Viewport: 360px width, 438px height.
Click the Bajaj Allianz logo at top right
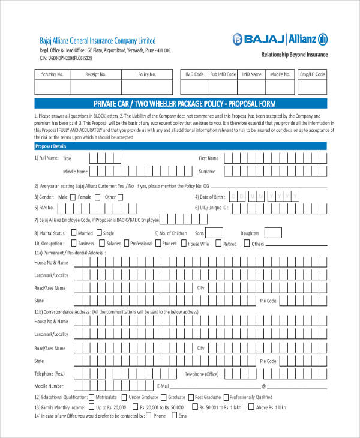pyautogui.click(x=279, y=40)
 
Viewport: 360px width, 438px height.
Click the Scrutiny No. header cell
pyautogui.click(x=52, y=74)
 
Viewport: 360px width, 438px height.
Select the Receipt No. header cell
pyautogui.click(x=95, y=74)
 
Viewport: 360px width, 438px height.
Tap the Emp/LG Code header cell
pyautogui.click(x=312, y=74)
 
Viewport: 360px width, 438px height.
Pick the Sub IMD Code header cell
pyautogui.click(x=223, y=74)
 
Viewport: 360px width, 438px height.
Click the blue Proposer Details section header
pyautogui.click(x=180, y=146)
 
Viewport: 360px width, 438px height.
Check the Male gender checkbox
pyautogui.click(x=73, y=197)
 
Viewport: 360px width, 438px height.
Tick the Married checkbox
pyautogui.click(x=74, y=232)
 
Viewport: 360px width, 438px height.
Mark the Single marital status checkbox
pyautogui.click(x=99, y=232)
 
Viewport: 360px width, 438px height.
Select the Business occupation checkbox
pyautogui.click(x=73, y=244)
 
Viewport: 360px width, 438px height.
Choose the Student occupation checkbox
pyautogui.click(x=158, y=244)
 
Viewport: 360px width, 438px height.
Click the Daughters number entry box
pyautogui.click(x=272, y=233)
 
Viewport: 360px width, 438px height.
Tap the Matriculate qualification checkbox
pyautogui.click(x=91, y=397)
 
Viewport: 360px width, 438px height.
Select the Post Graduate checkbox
pyautogui.click(x=190, y=397)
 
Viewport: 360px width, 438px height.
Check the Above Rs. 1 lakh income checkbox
pyautogui.click(x=251, y=407)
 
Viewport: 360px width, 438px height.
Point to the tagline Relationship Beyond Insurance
pyautogui.click(x=294, y=55)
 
